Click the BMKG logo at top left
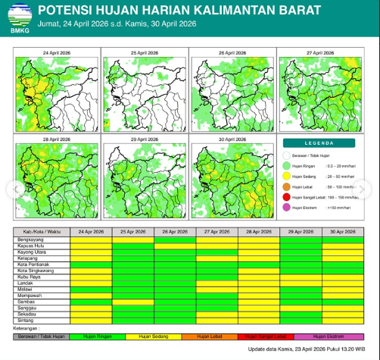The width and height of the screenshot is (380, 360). coord(19,16)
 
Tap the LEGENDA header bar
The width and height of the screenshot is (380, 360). coord(323,142)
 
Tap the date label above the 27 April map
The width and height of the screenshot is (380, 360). coord(321,53)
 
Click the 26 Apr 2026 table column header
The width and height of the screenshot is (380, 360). coord(175,231)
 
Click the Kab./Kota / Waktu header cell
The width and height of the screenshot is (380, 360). coord(42,231)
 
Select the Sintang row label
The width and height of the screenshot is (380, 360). coord(23,321)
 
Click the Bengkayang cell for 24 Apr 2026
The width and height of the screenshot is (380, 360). coord(91,238)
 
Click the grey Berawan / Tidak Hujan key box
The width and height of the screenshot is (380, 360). coord(42,335)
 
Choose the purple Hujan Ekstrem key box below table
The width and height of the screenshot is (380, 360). coord(330,335)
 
